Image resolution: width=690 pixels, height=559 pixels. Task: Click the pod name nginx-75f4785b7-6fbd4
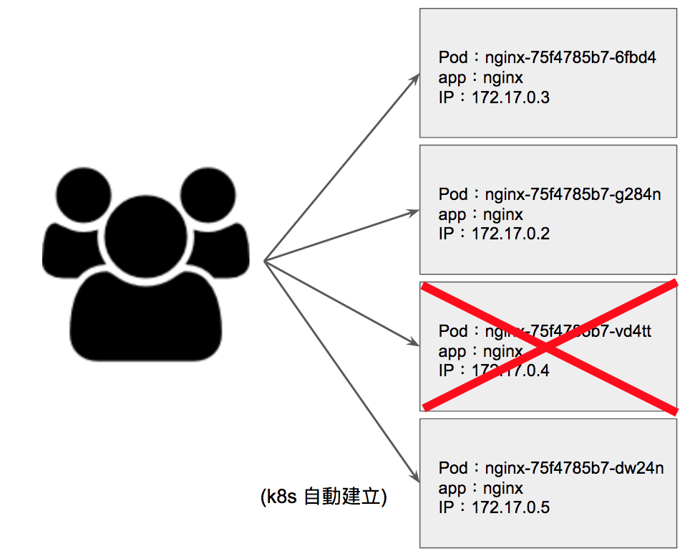click(x=570, y=58)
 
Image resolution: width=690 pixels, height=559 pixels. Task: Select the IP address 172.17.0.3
click(x=510, y=97)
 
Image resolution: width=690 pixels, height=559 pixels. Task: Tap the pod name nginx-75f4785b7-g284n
click(x=573, y=194)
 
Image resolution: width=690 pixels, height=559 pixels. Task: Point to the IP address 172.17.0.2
click(x=510, y=234)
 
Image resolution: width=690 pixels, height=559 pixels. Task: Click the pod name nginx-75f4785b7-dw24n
click(x=574, y=468)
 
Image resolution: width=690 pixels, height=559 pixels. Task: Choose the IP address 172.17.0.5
click(x=510, y=508)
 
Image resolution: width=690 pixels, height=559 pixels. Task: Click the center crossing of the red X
click(x=548, y=347)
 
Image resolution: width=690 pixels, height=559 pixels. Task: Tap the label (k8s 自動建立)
click(x=324, y=497)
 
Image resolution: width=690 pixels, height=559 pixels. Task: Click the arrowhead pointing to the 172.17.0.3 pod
click(x=415, y=77)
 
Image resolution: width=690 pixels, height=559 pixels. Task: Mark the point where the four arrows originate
click(x=265, y=260)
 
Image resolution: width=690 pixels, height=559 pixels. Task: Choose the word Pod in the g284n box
click(x=453, y=194)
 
